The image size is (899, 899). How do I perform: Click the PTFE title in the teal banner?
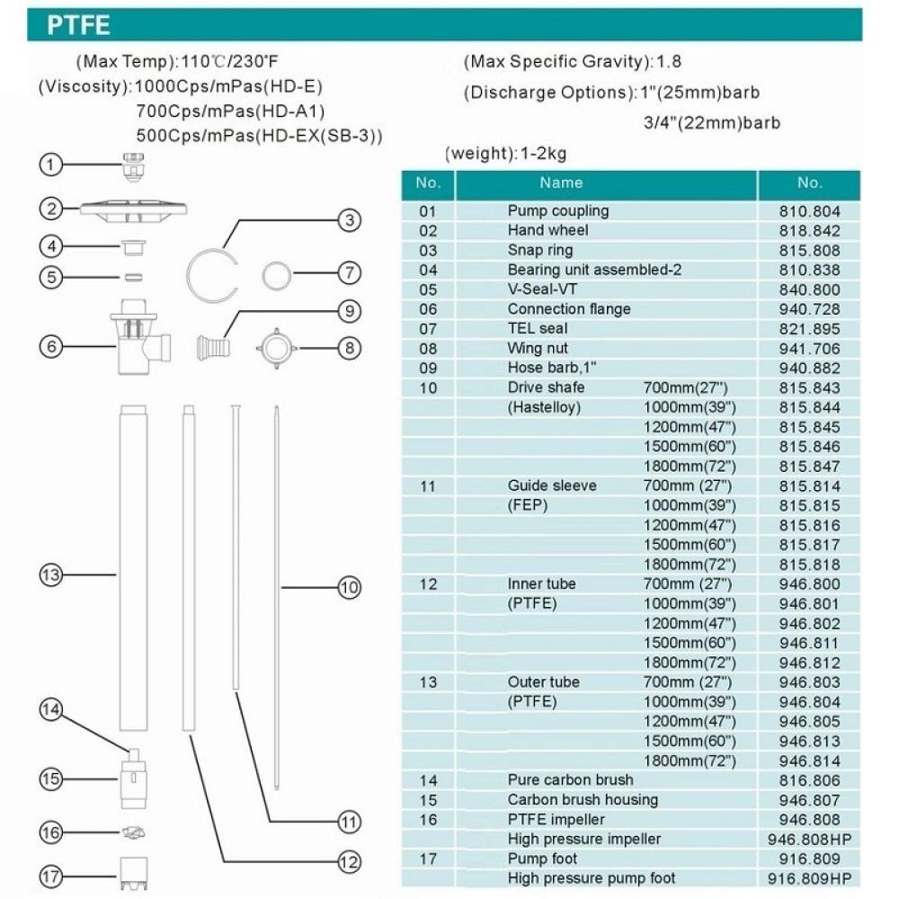(81, 25)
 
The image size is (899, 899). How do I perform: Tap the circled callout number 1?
(52, 165)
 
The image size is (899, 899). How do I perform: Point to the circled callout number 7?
(348, 271)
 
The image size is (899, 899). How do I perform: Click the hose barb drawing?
(213, 344)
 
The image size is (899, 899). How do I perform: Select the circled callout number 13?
(51, 574)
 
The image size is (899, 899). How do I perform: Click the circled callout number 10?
(349, 588)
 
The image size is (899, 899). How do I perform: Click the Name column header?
(561, 183)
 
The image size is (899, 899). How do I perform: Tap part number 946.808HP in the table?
(809, 840)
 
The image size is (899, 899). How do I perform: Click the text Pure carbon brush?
(570, 780)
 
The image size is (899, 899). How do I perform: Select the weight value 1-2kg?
(543, 153)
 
